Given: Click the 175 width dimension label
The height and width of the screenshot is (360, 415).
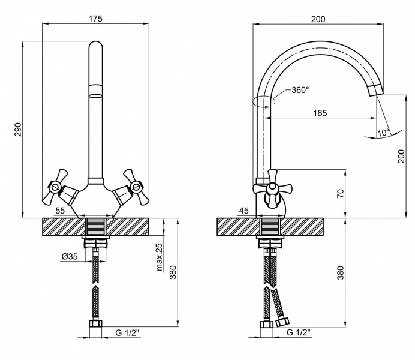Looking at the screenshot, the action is click(x=95, y=19).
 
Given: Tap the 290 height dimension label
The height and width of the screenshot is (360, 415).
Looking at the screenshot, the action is click(x=18, y=129).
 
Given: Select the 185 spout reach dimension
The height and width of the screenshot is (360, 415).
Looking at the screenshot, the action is click(x=320, y=113).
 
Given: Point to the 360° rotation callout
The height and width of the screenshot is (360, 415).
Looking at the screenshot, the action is click(x=300, y=90).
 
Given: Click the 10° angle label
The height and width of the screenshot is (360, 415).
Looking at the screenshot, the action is click(x=383, y=133).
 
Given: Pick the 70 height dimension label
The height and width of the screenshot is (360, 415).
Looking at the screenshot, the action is click(x=341, y=193).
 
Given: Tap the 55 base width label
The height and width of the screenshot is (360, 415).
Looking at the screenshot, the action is click(x=60, y=211).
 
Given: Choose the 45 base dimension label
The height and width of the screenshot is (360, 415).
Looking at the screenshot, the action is click(x=243, y=211).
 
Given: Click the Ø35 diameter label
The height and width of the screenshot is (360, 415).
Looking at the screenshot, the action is click(x=70, y=256).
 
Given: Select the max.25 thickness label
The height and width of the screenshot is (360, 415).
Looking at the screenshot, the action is click(x=160, y=257).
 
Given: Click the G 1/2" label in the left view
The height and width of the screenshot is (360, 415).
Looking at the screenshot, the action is click(x=127, y=332).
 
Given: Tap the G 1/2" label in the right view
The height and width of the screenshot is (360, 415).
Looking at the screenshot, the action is click(x=299, y=332).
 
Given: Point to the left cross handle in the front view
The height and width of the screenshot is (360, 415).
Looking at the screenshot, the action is click(x=55, y=187).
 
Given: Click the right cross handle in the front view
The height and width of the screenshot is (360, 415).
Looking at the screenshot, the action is click(x=136, y=187).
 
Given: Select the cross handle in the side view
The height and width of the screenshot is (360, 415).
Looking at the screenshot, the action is click(x=272, y=188).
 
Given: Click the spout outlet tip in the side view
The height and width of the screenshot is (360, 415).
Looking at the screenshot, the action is click(x=376, y=90).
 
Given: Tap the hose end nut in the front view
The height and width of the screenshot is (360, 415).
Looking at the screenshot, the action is click(x=95, y=324).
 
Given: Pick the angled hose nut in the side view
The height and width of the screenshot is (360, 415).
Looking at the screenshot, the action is click(x=282, y=322).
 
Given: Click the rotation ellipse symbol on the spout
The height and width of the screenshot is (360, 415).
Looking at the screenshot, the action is click(x=263, y=101).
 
